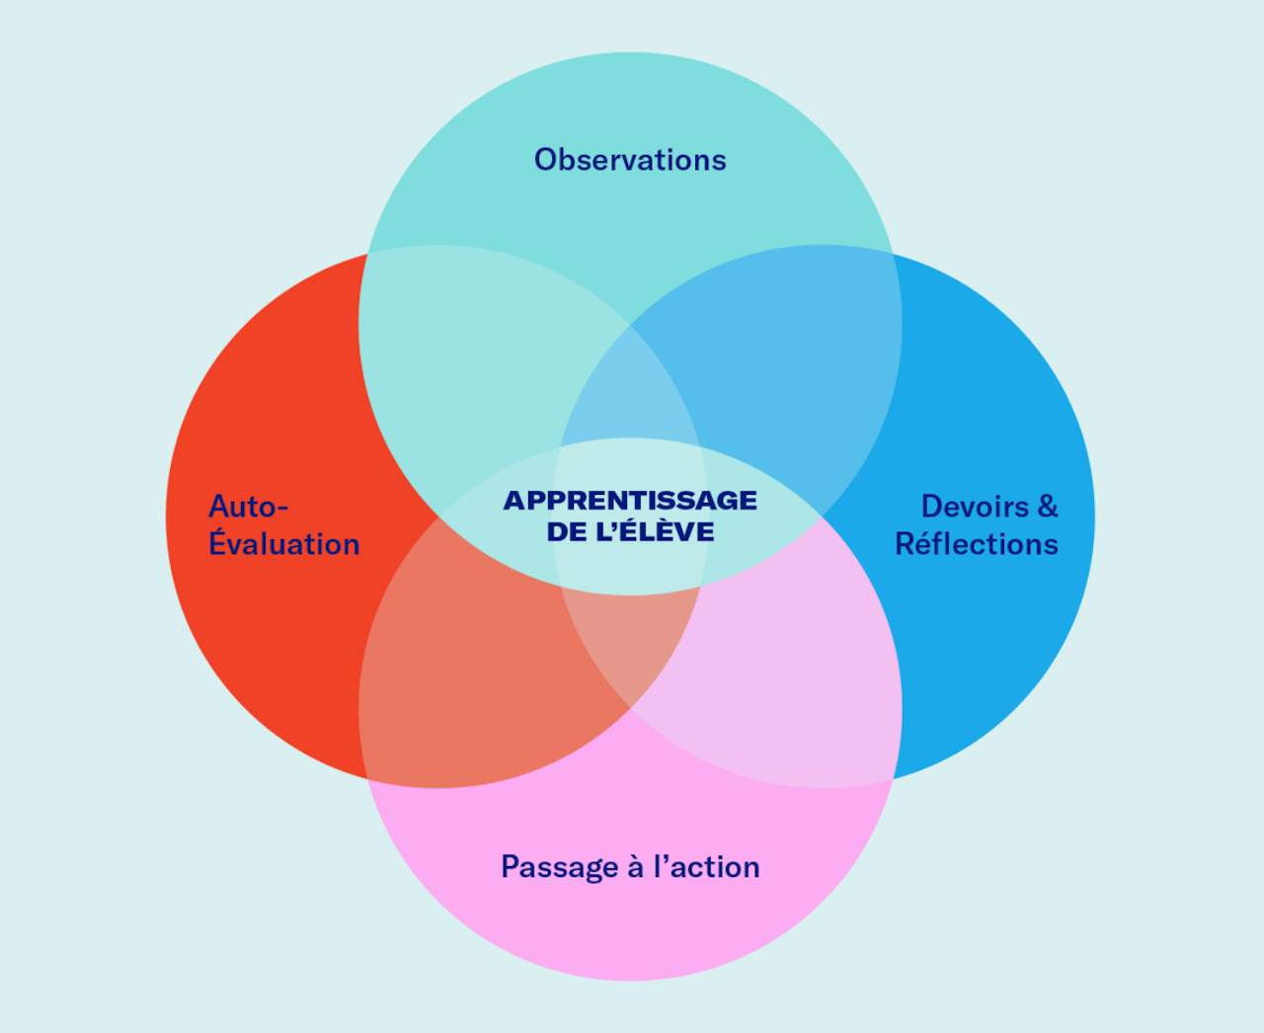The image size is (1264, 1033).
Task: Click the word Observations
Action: (x=630, y=160)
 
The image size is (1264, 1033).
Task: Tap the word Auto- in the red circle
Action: (x=248, y=507)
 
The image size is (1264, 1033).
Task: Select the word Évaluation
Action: (x=284, y=544)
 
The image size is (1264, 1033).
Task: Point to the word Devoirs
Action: (x=975, y=507)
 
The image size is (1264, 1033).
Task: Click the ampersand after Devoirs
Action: (x=1047, y=507)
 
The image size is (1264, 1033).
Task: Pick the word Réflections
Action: (x=976, y=544)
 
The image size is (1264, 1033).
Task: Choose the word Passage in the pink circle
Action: (x=559, y=867)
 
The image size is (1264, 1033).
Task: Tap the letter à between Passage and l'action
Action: (x=636, y=867)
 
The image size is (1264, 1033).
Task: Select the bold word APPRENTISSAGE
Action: (x=630, y=501)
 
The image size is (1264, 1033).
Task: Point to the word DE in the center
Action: (x=566, y=532)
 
